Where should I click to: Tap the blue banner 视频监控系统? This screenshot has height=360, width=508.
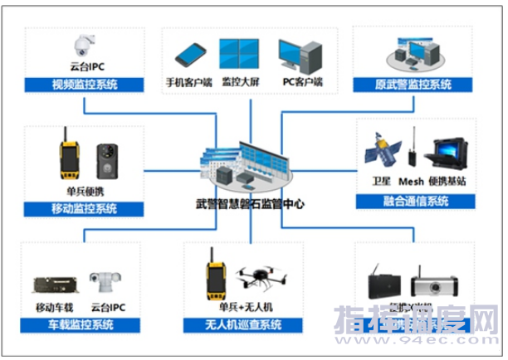click(85, 84)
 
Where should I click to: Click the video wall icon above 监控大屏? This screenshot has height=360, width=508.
click(241, 54)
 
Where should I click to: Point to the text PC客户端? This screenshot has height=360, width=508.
click(302, 82)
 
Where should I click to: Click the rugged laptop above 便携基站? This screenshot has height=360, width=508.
click(449, 153)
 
